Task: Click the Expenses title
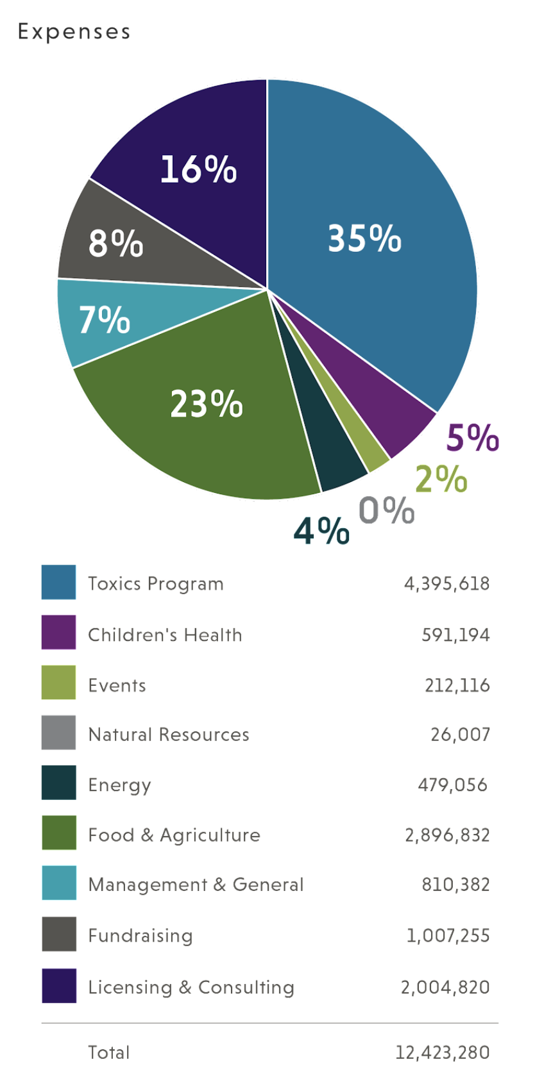(74, 31)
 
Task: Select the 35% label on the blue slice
(364, 238)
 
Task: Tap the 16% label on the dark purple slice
(198, 170)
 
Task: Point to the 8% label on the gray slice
(116, 244)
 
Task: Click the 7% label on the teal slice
(105, 319)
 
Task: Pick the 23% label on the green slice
(207, 404)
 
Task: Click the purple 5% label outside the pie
(473, 438)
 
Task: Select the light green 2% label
(441, 479)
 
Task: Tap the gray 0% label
(386, 510)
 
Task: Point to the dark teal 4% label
(321, 531)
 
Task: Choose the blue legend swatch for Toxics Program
(58, 582)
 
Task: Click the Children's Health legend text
(165, 635)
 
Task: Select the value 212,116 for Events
(457, 685)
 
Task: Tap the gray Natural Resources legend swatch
(58, 733)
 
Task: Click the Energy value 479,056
(452, 785)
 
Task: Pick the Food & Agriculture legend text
(174, 835)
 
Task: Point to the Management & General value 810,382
(455, 885)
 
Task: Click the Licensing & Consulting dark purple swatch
(58, 985)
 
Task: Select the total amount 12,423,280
(442, 1053)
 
